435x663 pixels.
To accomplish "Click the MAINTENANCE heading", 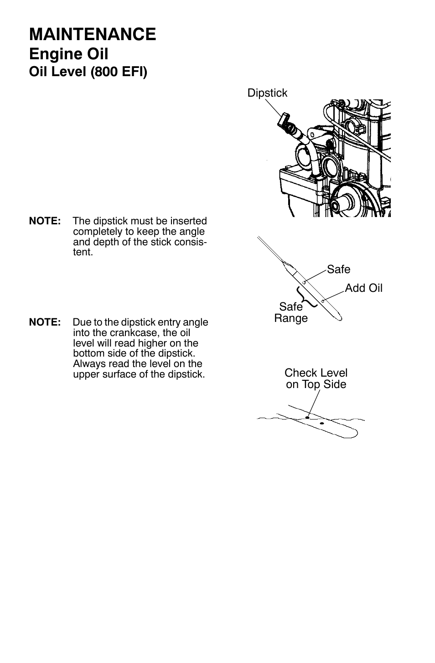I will click(x=92, y=35).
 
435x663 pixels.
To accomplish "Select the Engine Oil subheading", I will click(x=68, y=54).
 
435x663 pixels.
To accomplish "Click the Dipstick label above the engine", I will click(x=267, y=93).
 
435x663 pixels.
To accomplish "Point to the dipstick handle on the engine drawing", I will click(x=283, y=120).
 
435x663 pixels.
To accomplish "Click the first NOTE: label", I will click(x=45, y=221).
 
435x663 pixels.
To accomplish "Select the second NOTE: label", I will click(x=45, y=322).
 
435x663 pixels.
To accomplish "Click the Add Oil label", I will click(x=363, y=288).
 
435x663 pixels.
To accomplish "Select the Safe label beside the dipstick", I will click(x=338, y=269).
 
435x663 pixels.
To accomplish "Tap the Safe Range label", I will click(x=291, y=312).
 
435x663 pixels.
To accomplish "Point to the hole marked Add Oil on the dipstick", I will click(x=322, y=301).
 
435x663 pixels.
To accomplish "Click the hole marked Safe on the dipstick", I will click(x=304, y=282).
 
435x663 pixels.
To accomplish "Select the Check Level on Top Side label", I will click(x=316, y=378).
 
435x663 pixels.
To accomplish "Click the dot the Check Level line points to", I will click(x=308, y=417).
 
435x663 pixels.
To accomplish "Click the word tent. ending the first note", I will click(x=83, y=252).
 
